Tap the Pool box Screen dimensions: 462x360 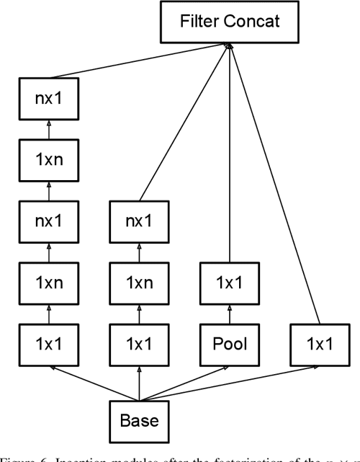(230, 343)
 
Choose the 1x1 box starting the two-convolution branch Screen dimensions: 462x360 (138, 343)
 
